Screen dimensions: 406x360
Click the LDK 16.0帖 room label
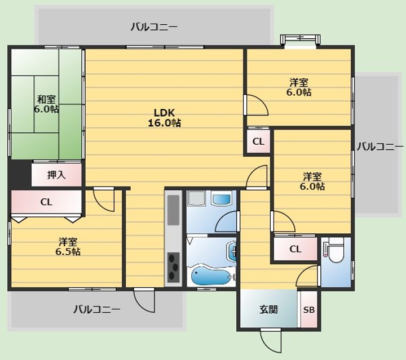(164, 118)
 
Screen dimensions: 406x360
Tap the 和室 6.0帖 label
(46, 104)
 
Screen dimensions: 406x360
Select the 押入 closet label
(56, 175)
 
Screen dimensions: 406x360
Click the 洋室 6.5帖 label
(68, 247)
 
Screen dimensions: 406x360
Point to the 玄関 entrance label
(269, 309)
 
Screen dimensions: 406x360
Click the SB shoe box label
(309, 309)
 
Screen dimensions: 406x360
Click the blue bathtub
(210, 277)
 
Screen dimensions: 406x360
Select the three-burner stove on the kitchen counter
(174, 268)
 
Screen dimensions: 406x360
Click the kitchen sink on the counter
(174, 210)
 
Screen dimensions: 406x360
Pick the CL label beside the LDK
(258, 141)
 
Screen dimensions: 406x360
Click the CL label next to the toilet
(295, 249)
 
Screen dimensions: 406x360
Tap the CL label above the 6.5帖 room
(46, 202)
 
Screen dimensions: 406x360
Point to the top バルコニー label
(154, 27)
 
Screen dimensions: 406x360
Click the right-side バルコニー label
(380, 147)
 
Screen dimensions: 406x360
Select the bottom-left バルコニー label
(97, 309)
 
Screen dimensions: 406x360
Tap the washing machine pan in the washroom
(197, 198)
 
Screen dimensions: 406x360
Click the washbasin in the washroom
(221, 198)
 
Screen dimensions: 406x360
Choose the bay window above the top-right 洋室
(300, 41)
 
